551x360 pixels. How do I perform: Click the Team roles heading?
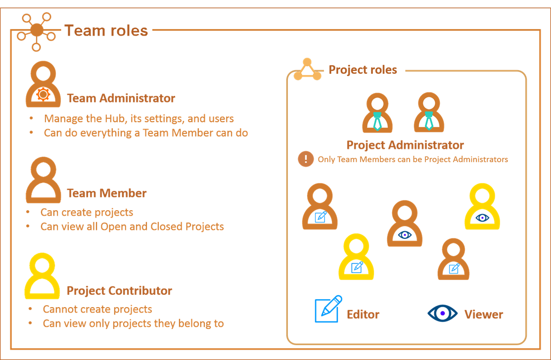(x=106, y=31)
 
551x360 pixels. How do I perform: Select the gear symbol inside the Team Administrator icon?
(x=43, y=94)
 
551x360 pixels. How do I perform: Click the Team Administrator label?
(x=121, y=98)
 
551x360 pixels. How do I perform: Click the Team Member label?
(x=106, y=193)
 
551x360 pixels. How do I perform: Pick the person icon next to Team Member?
(x=43, y=180)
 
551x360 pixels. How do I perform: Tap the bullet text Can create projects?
(x=87, y=212)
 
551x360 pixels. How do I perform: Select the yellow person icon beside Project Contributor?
(x=42, y=276)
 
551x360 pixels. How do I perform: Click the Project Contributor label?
(x=119, y=290)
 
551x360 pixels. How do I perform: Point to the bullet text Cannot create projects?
(x=97, y=309)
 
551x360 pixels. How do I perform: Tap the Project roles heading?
(x=363, y=70)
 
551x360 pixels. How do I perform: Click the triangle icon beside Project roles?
(x=308, y=69)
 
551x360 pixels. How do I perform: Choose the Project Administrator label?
(x=405, y=145)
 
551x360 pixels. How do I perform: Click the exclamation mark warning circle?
(x=306, y=159)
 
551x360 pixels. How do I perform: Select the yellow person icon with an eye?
(x=482, y=207)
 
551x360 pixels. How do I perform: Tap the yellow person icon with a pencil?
(x=356, y=257)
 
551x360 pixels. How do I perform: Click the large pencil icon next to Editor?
(x=328, y=309)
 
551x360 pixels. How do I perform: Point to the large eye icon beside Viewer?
(x=442, y=313)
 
